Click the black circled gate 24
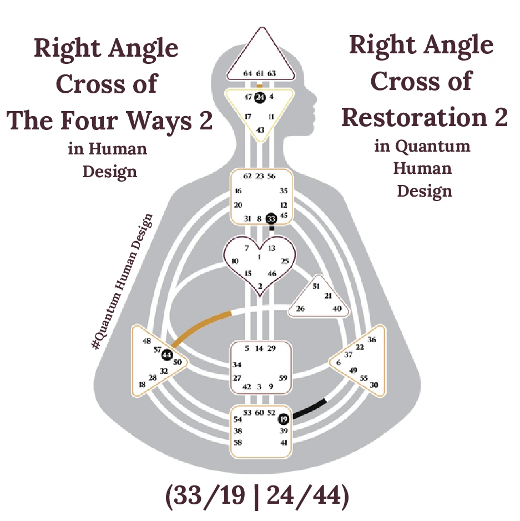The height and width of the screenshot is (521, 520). click(x=260, y=98)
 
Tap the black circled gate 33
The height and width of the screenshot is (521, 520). click(x=271, y=219)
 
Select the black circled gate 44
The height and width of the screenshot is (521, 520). click(x=167, y=355)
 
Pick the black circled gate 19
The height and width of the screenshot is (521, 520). click(x=284, y=419)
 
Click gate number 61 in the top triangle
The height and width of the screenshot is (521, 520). click(x=260, y=73)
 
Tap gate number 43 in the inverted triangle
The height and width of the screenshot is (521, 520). click(x=260, y=129)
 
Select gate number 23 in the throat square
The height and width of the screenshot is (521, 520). click(x=259, y=176)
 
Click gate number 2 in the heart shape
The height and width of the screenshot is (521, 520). click(x=259, y=285)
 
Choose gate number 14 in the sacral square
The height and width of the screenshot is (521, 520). click(x=259, y=349)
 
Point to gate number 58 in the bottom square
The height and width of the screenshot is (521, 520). click(x=238, y=443)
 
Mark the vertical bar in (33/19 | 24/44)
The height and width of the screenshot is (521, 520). click(x=256, y=496)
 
